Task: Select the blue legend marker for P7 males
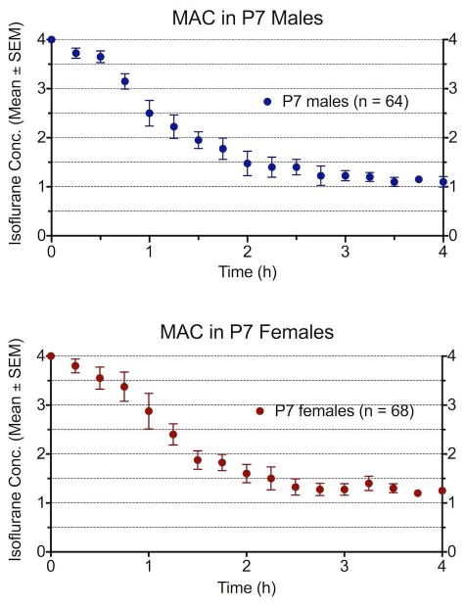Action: [x=265, y=101]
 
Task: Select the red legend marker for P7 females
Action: [x=260, y=411]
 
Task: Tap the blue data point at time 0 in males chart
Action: [x=51, y=40]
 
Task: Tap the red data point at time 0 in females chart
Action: [x=51, y=356]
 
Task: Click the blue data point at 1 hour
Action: [x=149, y=114]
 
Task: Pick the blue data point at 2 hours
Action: [x=247, y=164]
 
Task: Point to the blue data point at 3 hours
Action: [x=345, y=175]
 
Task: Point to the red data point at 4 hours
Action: [x=443, y=491]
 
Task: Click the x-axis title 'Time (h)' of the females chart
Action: [x=247, y=589]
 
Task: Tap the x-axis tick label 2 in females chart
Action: [x=247, y=568]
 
